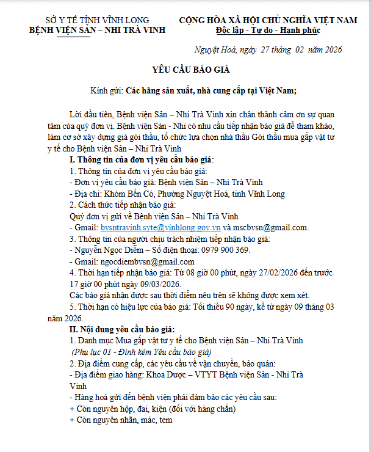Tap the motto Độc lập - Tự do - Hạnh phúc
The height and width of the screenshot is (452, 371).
click(268, 31)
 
